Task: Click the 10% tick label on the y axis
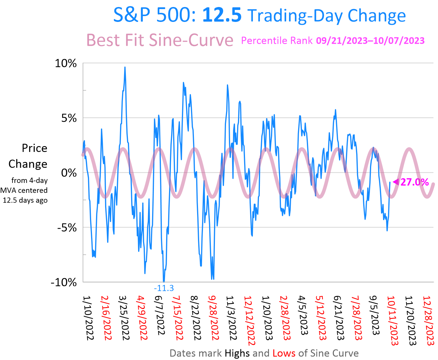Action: pyautogui.click(x=66, y=63)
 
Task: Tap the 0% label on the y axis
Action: pyautogui.click(x=69, y=173)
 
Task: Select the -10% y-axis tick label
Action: pyautogui.click(x=64, y=283)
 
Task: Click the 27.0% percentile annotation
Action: pyautogui.click(x=414, y=182)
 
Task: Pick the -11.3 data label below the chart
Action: pyautogui.click(x=164, y=288)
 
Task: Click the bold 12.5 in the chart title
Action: pyautogui.click(x=222, y=15)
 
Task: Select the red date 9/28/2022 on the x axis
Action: pyautogui.click(x=213, y=318)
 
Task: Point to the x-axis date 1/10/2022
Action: pyautogui.click(x=88, y=318)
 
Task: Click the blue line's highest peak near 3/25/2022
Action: pyautogui.click(x=125, y=67)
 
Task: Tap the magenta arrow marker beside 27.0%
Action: pyautogui.click(x=396, y=182)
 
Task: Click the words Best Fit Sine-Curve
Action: pyautogui.click(x=160, y=40)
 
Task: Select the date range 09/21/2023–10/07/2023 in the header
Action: pyautogui.click(x=370, y=41)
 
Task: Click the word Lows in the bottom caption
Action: pyautogui.click(x=284, y=353)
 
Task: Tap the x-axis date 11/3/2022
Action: pyautogui.click(x=231, y=318)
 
